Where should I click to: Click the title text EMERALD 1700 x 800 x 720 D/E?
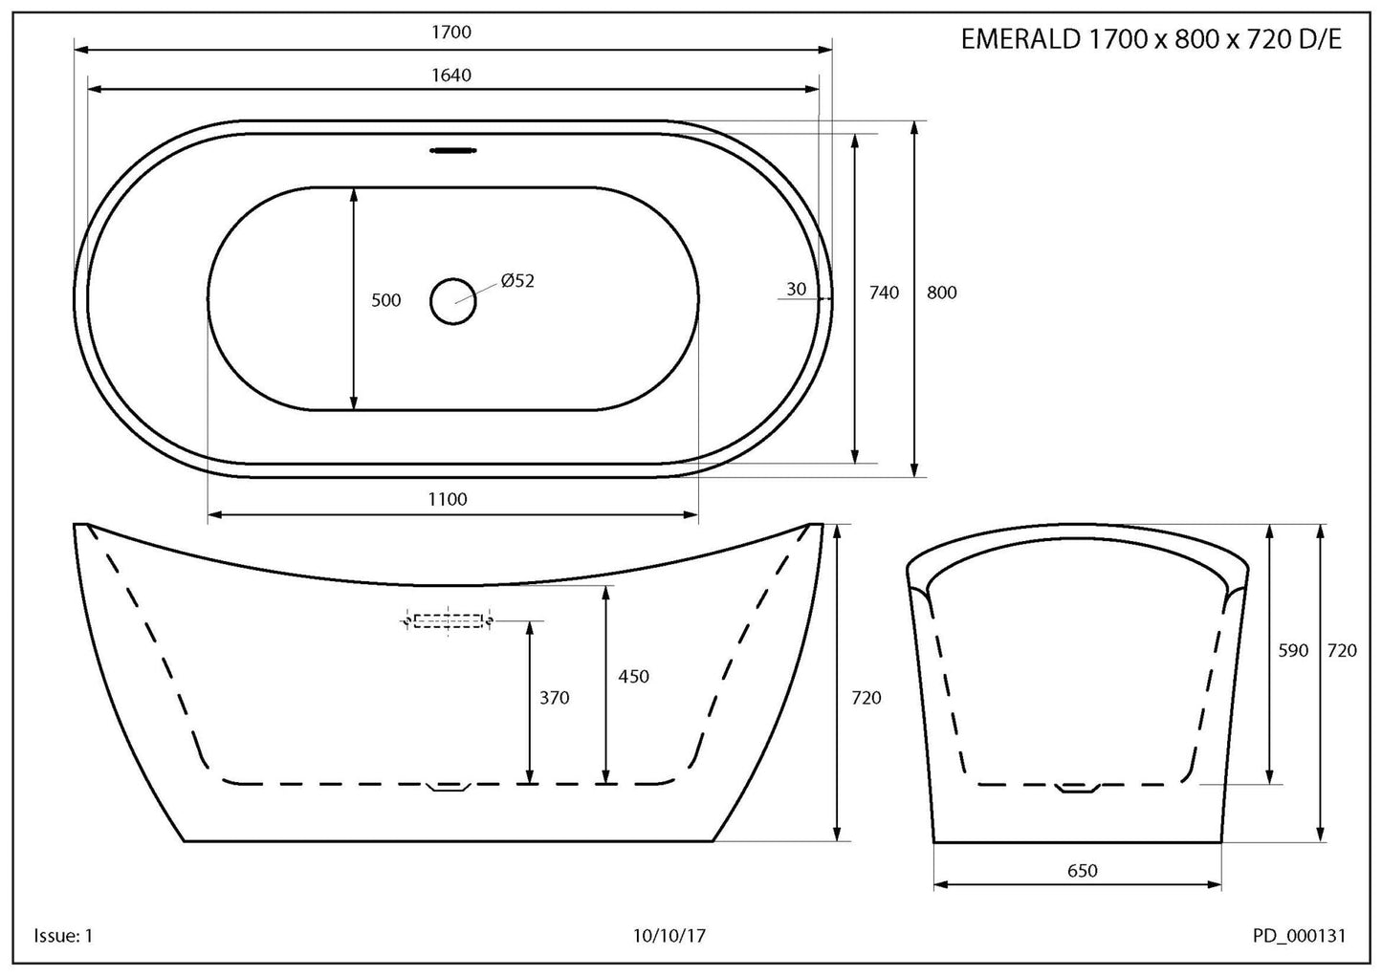[x=1151, y=40]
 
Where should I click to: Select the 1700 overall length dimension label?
[x=451, y=33]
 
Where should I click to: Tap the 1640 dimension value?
[x=451, y=75]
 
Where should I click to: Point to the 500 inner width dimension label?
[x=385, y=300]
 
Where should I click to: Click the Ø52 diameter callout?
[x=516, y=281]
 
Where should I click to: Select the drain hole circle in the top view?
[x=452, y=301]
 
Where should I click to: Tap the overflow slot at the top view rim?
[x=452, y=150]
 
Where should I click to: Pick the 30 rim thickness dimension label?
[x=797, y=290]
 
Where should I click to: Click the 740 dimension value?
[x=884, y=293]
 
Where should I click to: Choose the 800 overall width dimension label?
[x=942, y=293]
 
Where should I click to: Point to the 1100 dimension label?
[x=448, y=499]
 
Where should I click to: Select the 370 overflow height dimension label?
[x=554, y=698]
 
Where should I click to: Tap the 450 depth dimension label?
[x=633, y=677]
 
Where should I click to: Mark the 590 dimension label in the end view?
[x=1292, y=651]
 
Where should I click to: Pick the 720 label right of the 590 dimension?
[x=1342, y=651]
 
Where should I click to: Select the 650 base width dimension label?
[x=1082, y=871]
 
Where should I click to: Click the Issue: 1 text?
[x=63, y=936]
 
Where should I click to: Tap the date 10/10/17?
[x=669, y=936]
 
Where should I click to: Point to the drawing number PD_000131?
[x=1298, y=936]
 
